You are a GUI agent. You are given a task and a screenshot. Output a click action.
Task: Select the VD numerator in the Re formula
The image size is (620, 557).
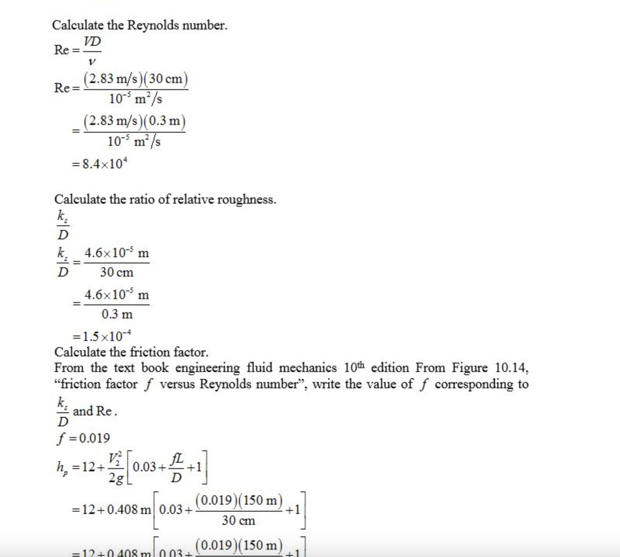[x=92, y=42]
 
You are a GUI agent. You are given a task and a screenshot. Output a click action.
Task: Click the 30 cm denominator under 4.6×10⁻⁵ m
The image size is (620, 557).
[x=116, y=272]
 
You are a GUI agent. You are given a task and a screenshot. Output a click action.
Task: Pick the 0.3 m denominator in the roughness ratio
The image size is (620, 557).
[x=117, y=314]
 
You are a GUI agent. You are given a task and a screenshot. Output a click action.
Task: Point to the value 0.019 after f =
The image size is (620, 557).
[x=95, y=438]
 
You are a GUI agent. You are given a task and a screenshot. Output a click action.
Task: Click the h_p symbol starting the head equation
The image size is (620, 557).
[x=62, y=468]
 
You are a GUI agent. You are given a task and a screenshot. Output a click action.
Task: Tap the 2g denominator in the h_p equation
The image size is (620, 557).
[x=116, y=478]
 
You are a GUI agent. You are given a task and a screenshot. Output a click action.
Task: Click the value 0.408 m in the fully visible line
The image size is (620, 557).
[x=129, y=510]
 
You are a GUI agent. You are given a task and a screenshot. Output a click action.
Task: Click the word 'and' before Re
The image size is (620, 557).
[x=83, y=411]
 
